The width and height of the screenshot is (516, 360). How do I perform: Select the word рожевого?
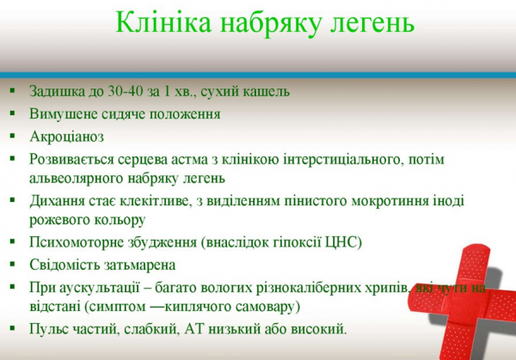coord(58,220)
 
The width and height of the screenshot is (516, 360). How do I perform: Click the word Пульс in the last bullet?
coord(49,329)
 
